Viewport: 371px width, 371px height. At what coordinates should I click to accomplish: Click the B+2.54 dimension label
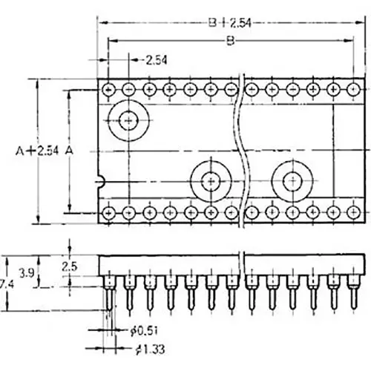pyautogui.click(x=231, y=22)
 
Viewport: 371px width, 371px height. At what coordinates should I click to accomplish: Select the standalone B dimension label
pyautogui.click(x=230, y=41)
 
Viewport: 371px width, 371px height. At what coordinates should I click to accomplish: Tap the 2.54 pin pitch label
pyautogui.click(x=156, y=59)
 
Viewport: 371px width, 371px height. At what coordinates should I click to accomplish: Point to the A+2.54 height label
pyautogui.click(x=33, y=150)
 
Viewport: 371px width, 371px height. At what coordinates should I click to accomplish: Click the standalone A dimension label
pyautogui.click(x=70, y=150)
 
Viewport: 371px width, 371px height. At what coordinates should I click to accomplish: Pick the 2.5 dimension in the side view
pyautogui.click(x=70, y=265)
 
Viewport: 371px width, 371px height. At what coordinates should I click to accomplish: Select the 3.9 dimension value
pyautogui.click(x=24, y=272)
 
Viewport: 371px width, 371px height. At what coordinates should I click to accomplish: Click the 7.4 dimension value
pyautogui.click(x=6, y=284)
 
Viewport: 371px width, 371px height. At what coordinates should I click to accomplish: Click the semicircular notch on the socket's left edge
pyautogui.click(x=100, y=180)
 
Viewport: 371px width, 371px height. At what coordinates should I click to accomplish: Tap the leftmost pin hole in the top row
pyautogui.click(x=109, y=89)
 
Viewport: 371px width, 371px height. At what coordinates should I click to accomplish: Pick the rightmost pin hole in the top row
pyautogui.click(x=352, y=89)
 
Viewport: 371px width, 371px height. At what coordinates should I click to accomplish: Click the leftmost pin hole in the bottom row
pyautogui.click(x=109, y=212)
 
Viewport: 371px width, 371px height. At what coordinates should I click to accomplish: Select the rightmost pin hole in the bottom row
pyautogui.click(x=352, y=212)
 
